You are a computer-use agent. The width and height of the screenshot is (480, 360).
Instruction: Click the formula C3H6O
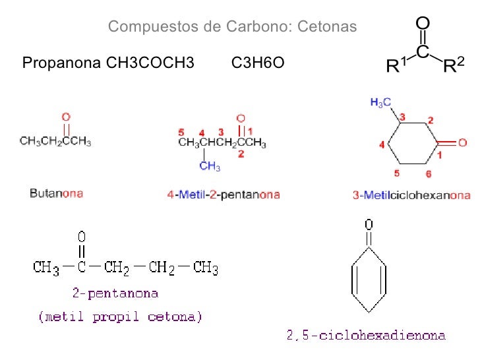coord(258,64)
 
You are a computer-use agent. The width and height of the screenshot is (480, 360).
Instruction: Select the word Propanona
coord(59,64)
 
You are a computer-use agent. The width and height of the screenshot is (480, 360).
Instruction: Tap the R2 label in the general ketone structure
coord(454,65)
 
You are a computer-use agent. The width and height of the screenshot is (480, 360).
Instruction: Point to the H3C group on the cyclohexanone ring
coord(381,102)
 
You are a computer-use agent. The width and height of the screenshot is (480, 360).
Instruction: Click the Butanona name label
coord(56,194)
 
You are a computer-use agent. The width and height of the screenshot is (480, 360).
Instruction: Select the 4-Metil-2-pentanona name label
coord(224,195)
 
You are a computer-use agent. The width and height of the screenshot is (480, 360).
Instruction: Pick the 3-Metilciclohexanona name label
coord(411,195)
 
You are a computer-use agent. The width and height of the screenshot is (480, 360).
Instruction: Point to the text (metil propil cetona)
coord(120,317)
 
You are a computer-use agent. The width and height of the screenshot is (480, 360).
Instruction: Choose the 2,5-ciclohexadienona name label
coord(366,336)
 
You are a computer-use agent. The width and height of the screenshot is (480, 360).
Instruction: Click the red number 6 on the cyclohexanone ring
coord(429,174)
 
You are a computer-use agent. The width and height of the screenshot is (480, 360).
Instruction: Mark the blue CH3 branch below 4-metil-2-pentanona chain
coord(210,166)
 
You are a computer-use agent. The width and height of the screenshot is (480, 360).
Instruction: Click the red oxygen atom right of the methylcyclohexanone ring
coord(463,142)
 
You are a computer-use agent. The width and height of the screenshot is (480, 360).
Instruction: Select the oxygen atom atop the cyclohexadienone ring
coord(369,224)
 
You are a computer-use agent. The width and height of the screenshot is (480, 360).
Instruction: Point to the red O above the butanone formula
coord(66,117)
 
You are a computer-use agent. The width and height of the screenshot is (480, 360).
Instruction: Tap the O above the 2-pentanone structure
coord(82,235)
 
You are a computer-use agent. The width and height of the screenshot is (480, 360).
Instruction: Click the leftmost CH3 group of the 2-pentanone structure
coord(46,268)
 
